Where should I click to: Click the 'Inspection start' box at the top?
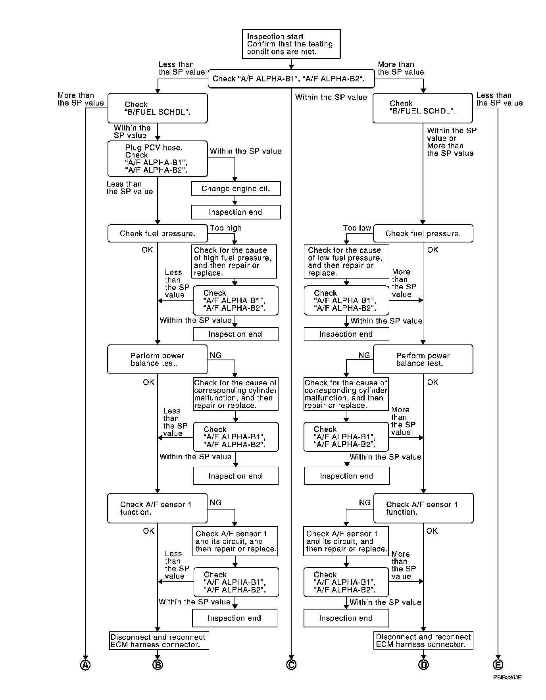291,44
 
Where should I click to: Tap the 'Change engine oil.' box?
236,189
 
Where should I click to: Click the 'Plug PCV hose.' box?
158,159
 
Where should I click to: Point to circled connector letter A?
85,665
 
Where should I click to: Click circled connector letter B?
158,665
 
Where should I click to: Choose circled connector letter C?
291,665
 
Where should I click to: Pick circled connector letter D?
423,665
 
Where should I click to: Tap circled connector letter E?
498,665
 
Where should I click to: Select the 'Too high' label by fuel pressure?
225,228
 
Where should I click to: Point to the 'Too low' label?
357,228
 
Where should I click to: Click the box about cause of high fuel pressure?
235,262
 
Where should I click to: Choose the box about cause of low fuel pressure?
346,262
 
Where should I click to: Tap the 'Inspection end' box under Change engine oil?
236,212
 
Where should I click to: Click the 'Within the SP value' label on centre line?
331,97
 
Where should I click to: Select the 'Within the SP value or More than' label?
452,142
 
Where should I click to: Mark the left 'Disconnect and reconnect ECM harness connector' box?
159,640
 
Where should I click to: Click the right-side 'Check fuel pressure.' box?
423,234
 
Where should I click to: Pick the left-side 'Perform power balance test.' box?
158,360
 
